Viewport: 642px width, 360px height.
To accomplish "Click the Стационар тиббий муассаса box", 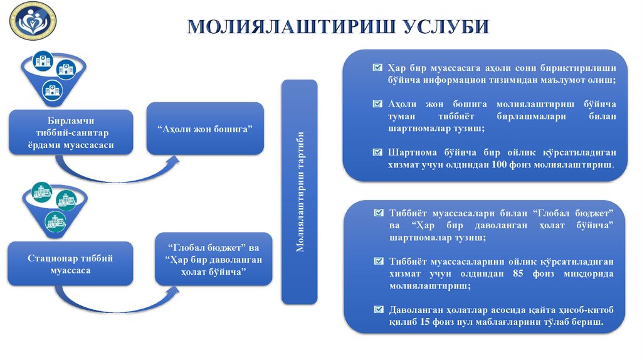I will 70,264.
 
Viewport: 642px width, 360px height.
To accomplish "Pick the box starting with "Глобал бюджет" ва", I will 214,259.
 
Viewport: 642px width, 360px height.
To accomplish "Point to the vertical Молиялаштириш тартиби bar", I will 300,191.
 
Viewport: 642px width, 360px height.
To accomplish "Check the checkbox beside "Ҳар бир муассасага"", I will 377,67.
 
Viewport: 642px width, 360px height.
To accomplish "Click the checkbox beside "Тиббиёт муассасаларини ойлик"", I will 377,261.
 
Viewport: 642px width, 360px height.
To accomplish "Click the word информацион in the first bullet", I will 446,80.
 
